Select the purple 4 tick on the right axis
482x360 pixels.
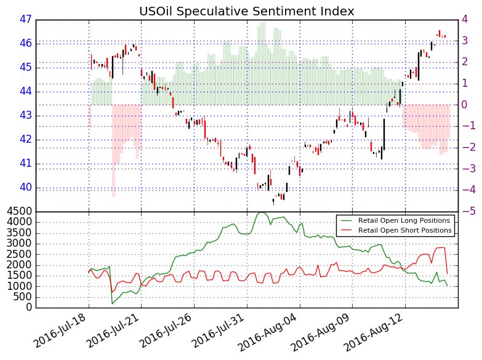coord(467,19)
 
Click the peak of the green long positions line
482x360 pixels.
coord(262,212)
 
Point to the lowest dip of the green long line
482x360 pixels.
coord(112,304)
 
